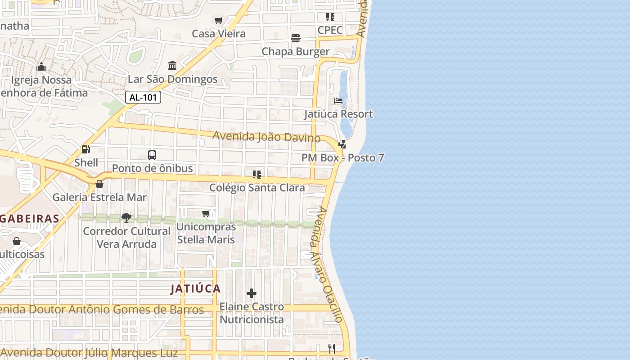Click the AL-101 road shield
[x=143, y=97]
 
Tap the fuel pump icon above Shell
[x=85, y=149]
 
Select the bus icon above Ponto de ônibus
[x=152, y=155]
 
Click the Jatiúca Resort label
[x=338, y=114]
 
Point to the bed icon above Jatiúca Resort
[x=338, y=101]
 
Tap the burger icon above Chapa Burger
[x=296, y=38]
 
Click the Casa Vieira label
[x=219, y=34]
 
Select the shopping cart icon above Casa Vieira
[x=219, y=20]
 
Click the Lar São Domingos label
[x=173, y=80]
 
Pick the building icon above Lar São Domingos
[x=172, y=66]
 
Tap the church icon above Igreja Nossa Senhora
[x=41, y=67]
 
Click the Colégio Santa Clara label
[x=257, y=188]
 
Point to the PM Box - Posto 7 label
[x=343, y=158]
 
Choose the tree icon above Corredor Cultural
[x=126, y=218]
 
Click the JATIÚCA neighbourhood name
[x=195, y=289]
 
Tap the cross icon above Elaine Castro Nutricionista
[x=252, y=294]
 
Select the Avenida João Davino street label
[x=266, y=136]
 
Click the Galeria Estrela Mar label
[x=99, y=197]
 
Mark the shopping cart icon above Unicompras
[x=206, y=213]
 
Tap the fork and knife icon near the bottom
[x=332, y=348]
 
